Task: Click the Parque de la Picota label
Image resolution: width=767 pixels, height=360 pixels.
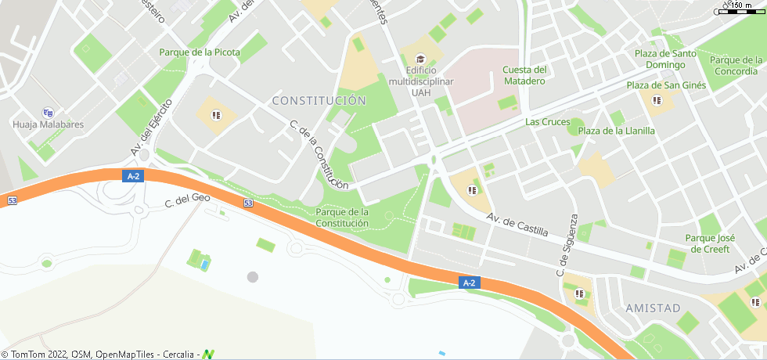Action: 200,52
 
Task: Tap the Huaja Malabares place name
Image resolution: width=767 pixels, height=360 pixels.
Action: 48,124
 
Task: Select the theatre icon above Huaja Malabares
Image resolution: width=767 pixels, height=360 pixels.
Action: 48,112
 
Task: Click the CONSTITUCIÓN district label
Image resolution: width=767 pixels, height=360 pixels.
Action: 319,100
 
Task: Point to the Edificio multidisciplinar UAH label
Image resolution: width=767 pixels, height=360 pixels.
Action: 421,81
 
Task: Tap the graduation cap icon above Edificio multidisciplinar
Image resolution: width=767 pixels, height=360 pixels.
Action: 420,59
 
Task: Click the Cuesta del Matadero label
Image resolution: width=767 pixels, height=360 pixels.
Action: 524,75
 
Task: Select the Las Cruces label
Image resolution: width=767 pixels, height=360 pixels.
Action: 547,121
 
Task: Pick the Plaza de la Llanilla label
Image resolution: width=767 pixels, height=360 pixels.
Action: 616,131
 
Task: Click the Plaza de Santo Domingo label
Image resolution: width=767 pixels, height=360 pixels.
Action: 665,59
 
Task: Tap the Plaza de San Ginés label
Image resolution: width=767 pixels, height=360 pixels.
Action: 666,85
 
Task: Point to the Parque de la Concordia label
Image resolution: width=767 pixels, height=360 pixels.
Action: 736,66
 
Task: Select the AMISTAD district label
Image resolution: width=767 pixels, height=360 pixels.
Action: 653,308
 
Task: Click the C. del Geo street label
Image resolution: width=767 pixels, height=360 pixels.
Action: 189,201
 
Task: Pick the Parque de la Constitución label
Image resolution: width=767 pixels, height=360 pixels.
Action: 342,218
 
